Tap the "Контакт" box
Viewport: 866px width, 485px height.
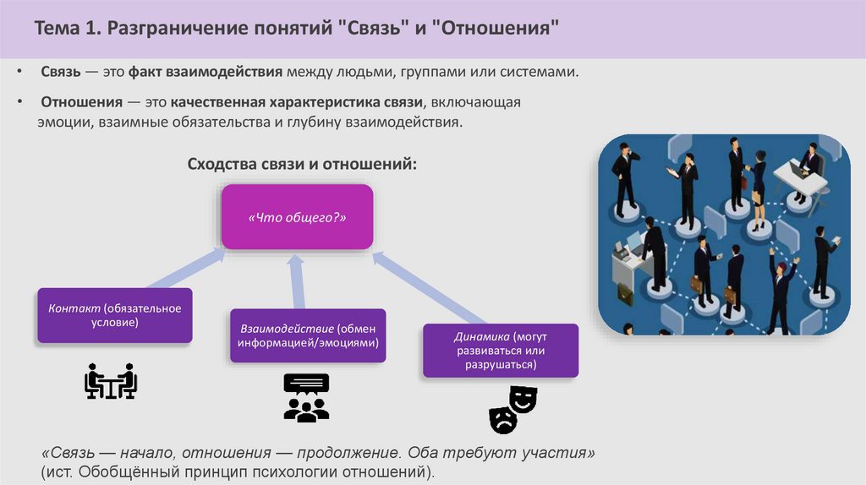pyautogui.click(x=115, y=315)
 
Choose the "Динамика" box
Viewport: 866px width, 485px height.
pyautogui.click(x=501, y=350)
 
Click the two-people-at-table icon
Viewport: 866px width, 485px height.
pyautogui.click(x=111, y=381)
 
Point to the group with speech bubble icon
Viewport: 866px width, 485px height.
pyautogui.click(x=306, y=397)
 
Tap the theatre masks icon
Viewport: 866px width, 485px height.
pyautogui.click(x=512, y=407)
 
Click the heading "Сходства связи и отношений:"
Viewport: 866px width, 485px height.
pyautogui.click(x=302, y=162)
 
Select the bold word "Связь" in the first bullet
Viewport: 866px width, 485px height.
pyautogui.click(x=61, y=73)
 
